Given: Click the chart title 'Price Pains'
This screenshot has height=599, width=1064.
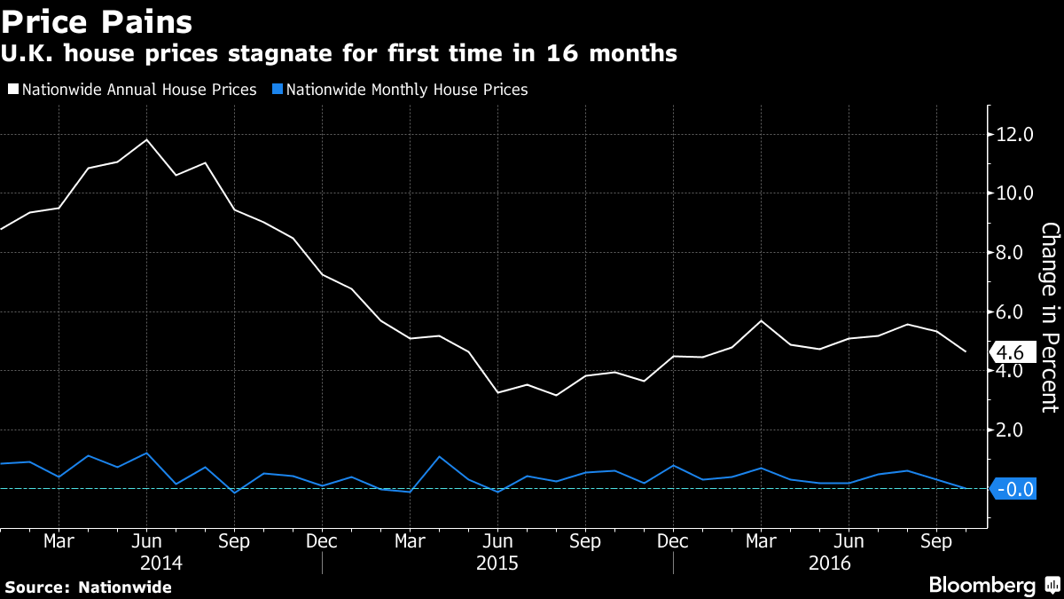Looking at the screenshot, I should [98, 20].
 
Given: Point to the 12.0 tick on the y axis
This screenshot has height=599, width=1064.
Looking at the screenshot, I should [1015, 135].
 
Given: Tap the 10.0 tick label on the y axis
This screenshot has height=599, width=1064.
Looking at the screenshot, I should [1015, 193].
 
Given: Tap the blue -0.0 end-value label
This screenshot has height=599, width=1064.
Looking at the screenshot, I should [1013, 489].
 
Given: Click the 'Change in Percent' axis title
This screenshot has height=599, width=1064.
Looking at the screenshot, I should [1050, 318].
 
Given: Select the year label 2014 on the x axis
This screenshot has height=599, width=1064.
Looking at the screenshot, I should [161, 564].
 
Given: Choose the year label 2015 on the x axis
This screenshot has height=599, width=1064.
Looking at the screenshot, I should [497, 564].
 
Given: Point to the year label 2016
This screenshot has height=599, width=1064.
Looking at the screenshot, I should [830, 564].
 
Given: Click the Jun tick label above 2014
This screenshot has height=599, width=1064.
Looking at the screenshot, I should [146, 540].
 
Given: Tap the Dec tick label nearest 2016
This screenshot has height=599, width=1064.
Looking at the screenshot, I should [673, 540].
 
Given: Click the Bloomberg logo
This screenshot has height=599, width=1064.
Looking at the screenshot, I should [982, 585].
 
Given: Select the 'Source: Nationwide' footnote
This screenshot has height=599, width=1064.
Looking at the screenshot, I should [89, 587].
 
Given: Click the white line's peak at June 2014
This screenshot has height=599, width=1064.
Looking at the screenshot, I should [146, 139].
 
